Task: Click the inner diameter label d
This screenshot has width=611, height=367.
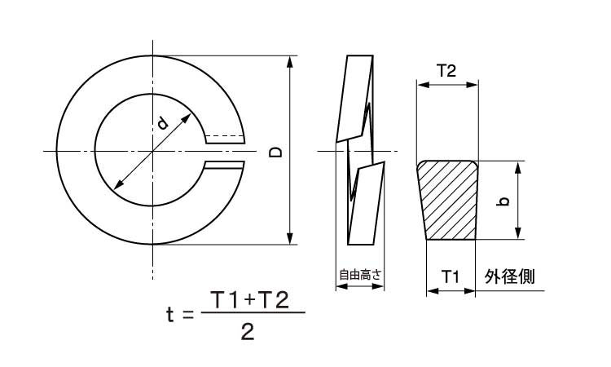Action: (x=162, y=123)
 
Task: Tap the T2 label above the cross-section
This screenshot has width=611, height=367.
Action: (x=446, y=71)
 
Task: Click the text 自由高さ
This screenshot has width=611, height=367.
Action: (x=361, y=276)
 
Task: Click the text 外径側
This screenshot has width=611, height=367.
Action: (x=509, y=276)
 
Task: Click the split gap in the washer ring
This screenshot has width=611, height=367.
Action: (x=225, y=152)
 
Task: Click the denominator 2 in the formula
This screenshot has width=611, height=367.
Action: (x=248, y=332)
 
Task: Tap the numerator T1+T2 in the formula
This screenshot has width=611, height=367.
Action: (x=249, y=299)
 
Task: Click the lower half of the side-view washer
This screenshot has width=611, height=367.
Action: (x=365, y=204)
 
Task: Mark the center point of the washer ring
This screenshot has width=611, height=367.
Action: (x=151, y=151)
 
